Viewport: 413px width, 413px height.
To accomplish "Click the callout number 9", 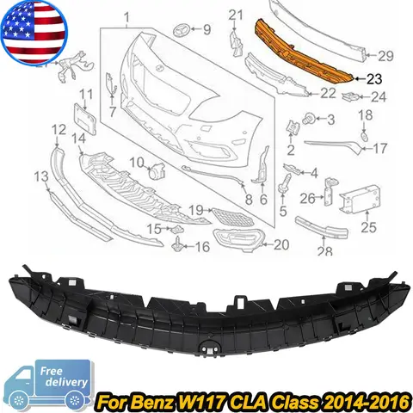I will pos(206,30).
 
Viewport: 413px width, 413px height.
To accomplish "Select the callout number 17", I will pos(379,148).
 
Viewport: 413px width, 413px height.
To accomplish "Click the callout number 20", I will pos(280,244).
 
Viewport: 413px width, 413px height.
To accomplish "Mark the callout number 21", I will pos(238,15).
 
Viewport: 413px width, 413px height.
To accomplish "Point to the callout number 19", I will pos(195,209).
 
